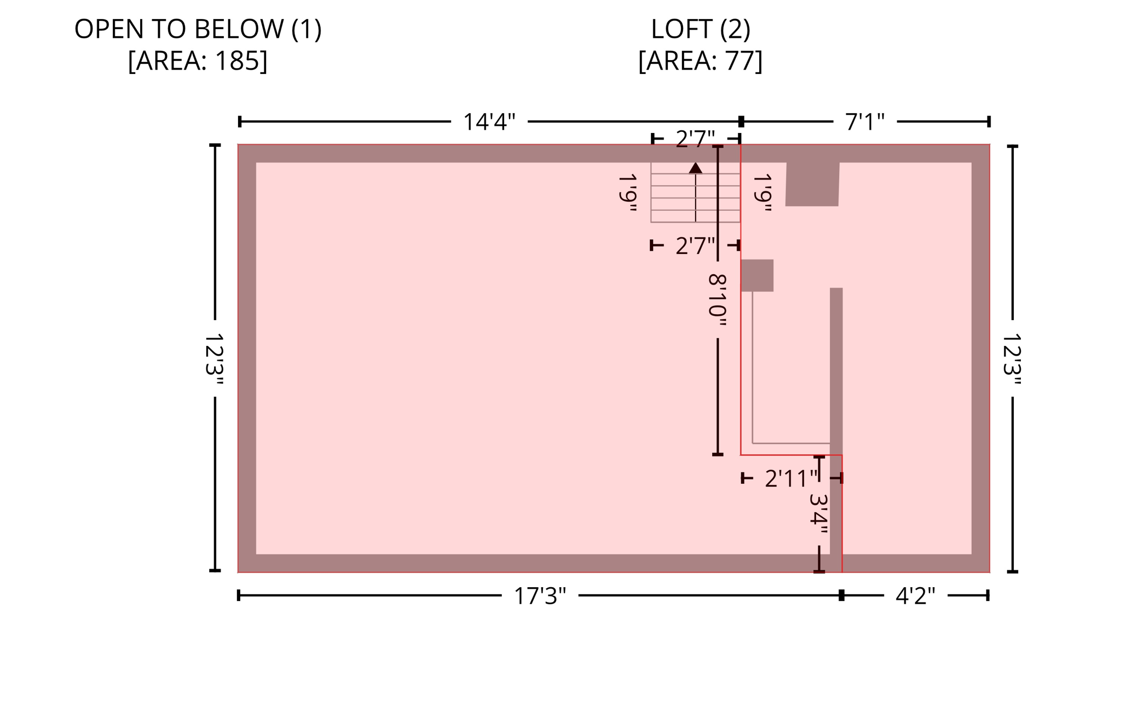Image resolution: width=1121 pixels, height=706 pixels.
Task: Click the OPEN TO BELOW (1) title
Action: coord(198,29)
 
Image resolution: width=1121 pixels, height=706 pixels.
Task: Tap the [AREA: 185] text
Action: coord(198,61)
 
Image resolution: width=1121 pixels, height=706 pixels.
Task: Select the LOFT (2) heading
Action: coord(700,29)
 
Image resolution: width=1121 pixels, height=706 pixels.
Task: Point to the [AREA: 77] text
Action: coord(700,61)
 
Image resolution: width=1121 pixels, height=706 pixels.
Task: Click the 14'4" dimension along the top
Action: coord(489,121)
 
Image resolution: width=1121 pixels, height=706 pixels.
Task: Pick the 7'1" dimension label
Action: coord(864,121)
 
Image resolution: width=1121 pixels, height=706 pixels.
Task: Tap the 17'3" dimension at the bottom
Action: coord(539,596)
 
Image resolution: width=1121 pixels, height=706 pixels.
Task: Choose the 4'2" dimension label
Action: coord(915,596)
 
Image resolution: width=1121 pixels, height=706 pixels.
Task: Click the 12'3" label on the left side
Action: coord(214,359)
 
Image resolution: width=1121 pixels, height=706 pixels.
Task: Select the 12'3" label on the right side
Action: coord(1012,359)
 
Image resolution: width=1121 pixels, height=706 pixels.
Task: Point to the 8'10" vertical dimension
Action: coord(718,300)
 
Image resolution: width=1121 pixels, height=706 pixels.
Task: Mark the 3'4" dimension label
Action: coord(819,513)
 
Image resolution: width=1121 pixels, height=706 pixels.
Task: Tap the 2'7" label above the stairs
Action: coord(695,139)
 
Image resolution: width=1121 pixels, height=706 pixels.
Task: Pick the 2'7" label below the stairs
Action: coord(695,246)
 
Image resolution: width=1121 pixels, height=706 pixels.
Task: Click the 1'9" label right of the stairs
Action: coord(762,193)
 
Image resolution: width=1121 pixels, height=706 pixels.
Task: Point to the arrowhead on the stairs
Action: coord(695,168)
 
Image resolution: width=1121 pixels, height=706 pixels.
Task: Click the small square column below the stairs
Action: coord(757,275)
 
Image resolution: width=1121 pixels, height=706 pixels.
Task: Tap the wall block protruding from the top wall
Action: coord(812,184)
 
